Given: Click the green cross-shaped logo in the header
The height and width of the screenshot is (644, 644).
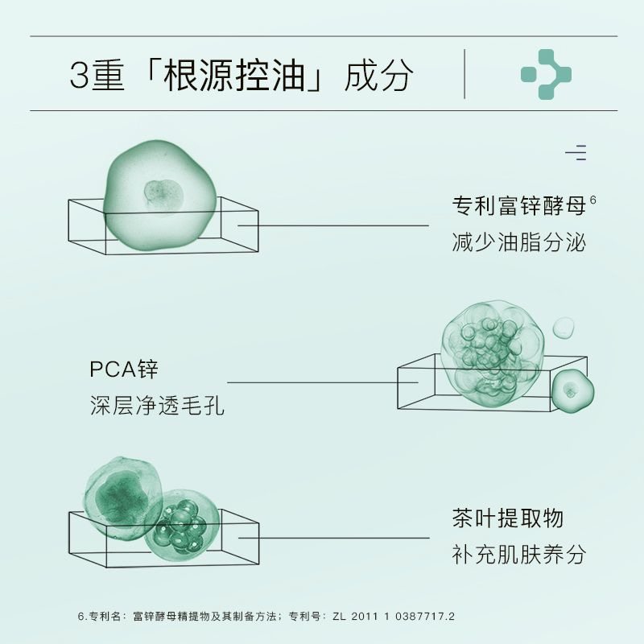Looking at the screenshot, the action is [x=547, y=74].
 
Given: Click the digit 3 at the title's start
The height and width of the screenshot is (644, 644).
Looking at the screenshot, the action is [x=79, y=75].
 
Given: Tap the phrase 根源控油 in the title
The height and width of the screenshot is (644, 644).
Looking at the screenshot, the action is [x=233, y=75].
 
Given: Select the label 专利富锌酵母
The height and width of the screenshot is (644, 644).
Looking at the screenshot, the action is [x=518, y=206].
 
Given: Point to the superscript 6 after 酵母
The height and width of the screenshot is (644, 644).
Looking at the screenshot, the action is [x=592, y=200].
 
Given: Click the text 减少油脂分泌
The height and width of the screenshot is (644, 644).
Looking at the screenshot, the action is [x=518, y=242].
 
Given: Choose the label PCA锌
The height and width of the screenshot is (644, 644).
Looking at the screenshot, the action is [x=124, y=369].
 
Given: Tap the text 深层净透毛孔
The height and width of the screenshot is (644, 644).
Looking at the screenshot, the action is [x=157, y=406].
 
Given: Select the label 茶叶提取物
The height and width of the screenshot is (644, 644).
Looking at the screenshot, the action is [x=508, y=518].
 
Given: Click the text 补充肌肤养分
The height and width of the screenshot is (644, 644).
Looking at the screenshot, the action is [x=518, y=554].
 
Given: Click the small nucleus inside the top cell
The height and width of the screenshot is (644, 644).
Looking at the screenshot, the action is [x=163, y=195].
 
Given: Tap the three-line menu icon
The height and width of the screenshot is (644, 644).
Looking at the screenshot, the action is [x=576, y=153].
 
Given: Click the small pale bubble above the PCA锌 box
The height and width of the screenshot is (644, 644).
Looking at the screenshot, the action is [x=563, y=328].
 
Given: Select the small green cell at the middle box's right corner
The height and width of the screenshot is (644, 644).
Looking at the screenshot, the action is [x=572, y=390].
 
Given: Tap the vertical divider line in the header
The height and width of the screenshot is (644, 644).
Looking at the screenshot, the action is [x=464, y=74].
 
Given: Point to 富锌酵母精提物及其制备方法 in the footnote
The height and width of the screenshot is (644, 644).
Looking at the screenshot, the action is [x=204, y=616].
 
